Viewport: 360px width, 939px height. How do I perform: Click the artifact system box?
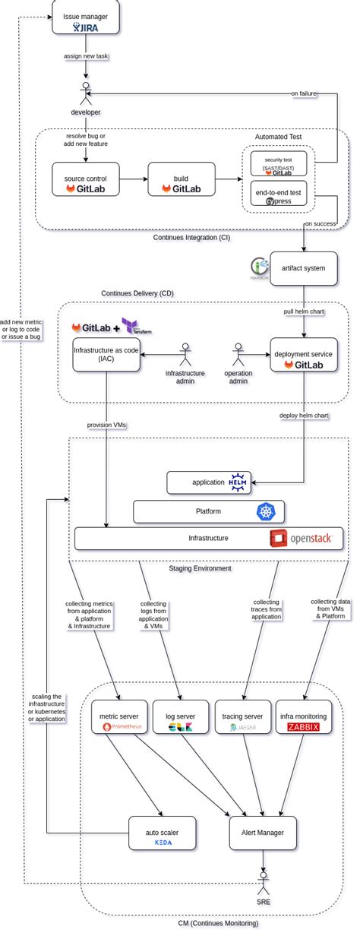(303, 268)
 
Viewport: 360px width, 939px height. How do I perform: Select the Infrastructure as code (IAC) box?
(106, 355)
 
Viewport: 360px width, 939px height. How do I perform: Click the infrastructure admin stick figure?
(185, 354)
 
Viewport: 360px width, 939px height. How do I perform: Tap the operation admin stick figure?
(238, 354)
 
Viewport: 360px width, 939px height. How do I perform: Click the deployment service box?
(304, 355)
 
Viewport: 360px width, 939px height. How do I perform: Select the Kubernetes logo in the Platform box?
(264, 511)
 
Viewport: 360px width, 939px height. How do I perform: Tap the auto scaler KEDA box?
(163, 836)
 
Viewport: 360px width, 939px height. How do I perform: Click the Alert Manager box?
(263, 833)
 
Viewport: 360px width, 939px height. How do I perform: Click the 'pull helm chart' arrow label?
(304, 311)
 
